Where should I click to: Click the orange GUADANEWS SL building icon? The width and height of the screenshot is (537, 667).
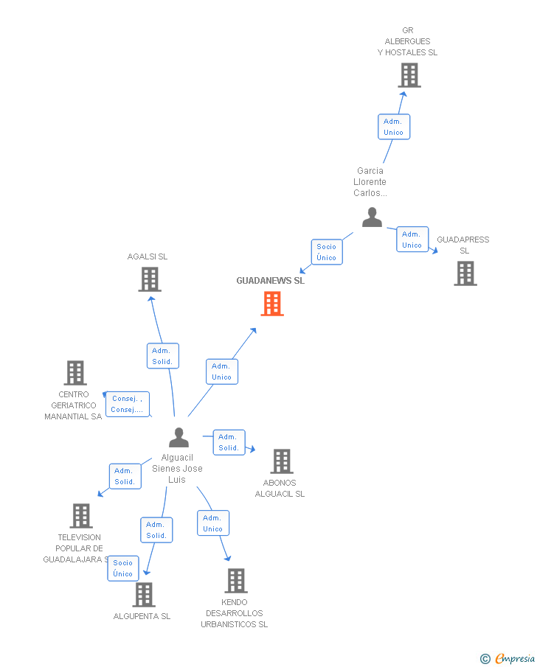tap(272, 304)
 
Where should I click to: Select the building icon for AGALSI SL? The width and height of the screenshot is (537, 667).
tap(150, 279)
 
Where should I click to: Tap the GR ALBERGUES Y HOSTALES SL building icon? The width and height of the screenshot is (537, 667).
tap(409, 75)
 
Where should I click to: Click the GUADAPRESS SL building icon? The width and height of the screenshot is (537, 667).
tap(465, 273)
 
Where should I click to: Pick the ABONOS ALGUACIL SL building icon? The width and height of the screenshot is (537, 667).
tap(282, 461)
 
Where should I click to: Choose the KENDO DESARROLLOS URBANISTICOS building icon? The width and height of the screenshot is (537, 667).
tap(235, 581)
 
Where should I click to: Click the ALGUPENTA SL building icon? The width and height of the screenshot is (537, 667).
tap(144, 595)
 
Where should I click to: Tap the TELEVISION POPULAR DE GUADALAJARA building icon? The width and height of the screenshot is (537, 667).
tap(81, 516)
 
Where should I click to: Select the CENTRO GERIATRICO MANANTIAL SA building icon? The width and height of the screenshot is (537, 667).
tap(75, 373)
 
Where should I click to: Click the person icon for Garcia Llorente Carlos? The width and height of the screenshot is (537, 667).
tap(372, 217)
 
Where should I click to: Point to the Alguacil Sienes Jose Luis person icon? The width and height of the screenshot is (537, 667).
tap(179, 438)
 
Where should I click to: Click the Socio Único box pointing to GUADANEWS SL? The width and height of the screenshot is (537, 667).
tap(326, 252)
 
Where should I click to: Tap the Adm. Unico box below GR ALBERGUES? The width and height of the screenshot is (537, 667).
tap(393, 127)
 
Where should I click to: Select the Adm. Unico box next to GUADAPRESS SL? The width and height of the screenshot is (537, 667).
tap(412, 240)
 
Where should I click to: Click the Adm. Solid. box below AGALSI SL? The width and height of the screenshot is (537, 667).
tap(162, 356)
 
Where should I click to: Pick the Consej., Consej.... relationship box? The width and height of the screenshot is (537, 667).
tap(127, 404)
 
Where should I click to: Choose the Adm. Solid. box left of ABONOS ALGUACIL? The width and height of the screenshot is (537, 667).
tap(229, 442)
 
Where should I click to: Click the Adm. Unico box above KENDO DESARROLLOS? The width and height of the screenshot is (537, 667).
tap(213, 523)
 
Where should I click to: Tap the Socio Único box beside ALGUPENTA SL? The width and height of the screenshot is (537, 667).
tap(123, 568)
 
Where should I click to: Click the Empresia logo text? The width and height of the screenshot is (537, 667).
tap(514, 658)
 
